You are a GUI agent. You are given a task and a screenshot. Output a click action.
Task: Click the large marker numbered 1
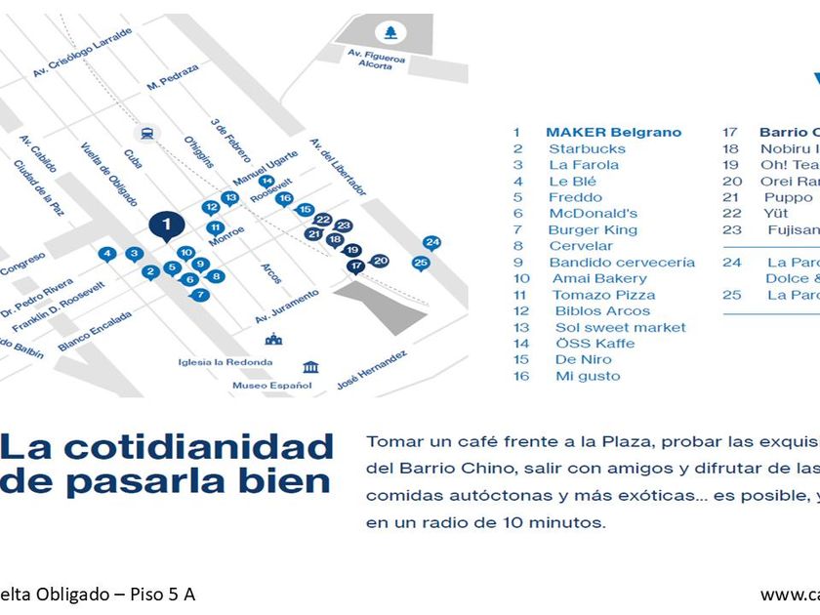pos(166,225)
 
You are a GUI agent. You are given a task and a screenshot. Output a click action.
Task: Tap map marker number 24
pos(432,243)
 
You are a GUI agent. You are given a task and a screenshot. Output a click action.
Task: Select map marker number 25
pos(421,263)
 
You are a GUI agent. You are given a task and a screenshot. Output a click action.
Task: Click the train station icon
pos(146,133)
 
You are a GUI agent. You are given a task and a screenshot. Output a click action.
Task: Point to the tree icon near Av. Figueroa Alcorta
pos(391,33)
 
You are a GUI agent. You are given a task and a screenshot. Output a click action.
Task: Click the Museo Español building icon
pos(310,367)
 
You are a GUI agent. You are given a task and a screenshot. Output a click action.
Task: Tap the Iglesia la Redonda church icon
pos(273,339)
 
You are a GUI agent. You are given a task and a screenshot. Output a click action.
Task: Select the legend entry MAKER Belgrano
pos(613,133)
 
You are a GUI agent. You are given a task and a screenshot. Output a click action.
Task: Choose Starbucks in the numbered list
pos(587,149)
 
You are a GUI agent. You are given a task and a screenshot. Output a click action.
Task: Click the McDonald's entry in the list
pos(593,214)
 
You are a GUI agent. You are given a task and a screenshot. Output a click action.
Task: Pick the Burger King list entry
pos(593,230)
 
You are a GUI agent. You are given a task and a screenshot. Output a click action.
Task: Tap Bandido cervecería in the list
pos(622,263)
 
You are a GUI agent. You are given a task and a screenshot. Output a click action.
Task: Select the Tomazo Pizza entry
pos(603,295)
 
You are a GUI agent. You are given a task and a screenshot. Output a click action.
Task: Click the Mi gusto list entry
pos(588,376)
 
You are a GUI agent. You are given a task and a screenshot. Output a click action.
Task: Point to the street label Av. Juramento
pos(286,306)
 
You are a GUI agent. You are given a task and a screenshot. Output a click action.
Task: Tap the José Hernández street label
pos(371,368)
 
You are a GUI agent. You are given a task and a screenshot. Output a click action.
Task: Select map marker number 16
pos(284,199)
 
